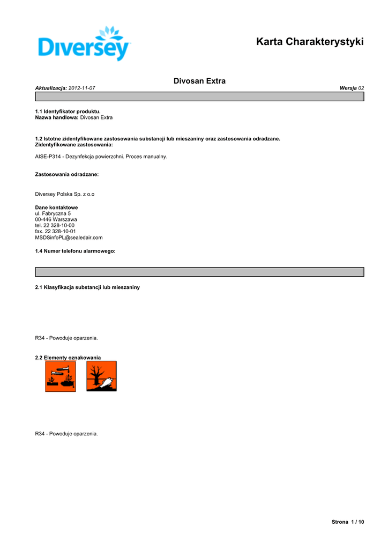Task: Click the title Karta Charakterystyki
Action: pyautogui.click(x=310, y=41)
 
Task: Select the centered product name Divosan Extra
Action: pyautogui.click(x=199, y=81)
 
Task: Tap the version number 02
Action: pyautogui.click(x=361, y=87)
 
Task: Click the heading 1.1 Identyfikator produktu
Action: pyautogui.click(x=68, y=112)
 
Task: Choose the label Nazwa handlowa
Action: pyautogui.click(x=57, y=117)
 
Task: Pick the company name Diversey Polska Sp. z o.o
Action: pyautogui.click(x=64, y=194)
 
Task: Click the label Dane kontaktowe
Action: pyautogui.click(x=56, y=207)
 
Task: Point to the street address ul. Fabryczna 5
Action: pyautogui.click(x=53, y=213)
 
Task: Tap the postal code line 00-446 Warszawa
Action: pyautogui.click(x=56, y=219)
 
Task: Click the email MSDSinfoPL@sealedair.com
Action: pyautogui.click(x=69, y=237)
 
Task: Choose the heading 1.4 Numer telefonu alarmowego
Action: pyautogui.click(x=76, y=251)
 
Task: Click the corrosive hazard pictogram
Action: pyautogui.click(x=60, y=376)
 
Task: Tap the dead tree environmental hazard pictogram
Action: pyautogui.click(x=101, y=376)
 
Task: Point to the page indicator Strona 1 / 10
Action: pyautogui.click(x=348, y=522)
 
